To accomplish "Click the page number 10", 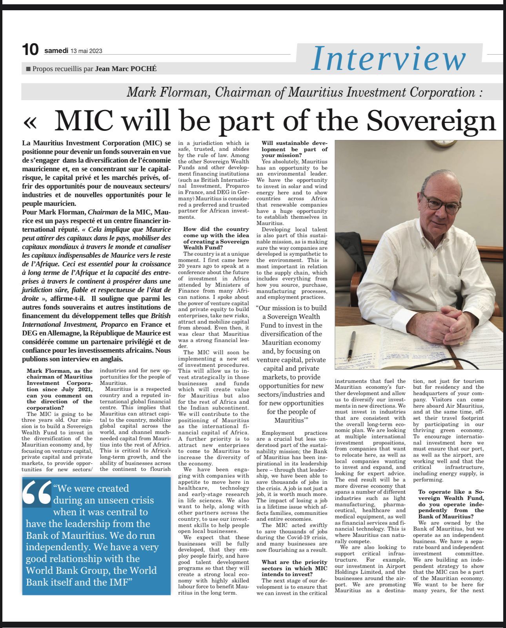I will (x=30, y=50).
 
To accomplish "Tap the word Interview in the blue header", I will (x=388, y=58).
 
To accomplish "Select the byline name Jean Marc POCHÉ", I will (x=126, y=69).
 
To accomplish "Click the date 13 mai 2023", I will (x=86, y=51).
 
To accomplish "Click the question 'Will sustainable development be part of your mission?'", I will (x=294, y=149).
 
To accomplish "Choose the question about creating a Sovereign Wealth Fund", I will (x=216, y=238).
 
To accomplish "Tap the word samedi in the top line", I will (x=56, y=51).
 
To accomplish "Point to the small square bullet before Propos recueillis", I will (x=28, y=69).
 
